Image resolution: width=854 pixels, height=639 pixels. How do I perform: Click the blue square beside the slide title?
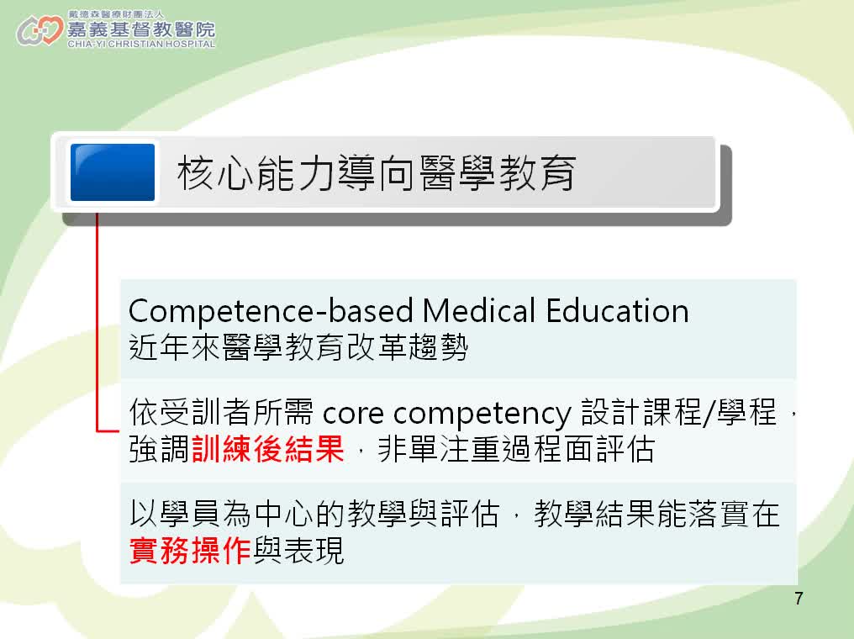pos(113,172)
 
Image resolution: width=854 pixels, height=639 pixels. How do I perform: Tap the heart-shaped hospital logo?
pos(40,30)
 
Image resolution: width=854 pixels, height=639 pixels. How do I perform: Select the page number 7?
pos(799,599)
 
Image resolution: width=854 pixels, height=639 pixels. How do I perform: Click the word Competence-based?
pos(271,312)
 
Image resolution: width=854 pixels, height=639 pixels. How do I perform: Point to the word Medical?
pos(479,311)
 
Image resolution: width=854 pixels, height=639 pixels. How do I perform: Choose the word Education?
pos(618,311)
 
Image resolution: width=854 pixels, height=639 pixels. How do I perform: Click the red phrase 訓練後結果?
pos(268,449)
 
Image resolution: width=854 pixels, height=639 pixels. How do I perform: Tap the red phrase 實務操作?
pos(190,550)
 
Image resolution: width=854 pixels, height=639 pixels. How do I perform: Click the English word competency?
pos(482,414)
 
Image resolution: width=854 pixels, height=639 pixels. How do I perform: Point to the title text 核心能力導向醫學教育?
pos(377,172)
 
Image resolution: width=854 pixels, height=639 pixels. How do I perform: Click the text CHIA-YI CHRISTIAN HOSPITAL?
pos(141,44)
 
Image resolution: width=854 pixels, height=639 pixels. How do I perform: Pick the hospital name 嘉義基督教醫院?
pos(141,29)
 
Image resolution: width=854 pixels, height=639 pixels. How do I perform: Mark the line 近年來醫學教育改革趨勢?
pos(298,347)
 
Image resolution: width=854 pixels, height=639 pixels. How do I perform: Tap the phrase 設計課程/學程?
pos(678,412)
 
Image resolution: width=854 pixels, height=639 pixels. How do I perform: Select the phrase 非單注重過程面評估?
pos(516,449)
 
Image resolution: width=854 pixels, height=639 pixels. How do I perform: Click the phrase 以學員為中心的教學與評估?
pos(314,514)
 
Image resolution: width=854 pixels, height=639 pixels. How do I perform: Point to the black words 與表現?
pos(298,550)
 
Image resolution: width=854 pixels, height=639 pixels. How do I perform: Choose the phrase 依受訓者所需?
pos(221,412)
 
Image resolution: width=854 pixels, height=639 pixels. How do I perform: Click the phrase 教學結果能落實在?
pos(656,514)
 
